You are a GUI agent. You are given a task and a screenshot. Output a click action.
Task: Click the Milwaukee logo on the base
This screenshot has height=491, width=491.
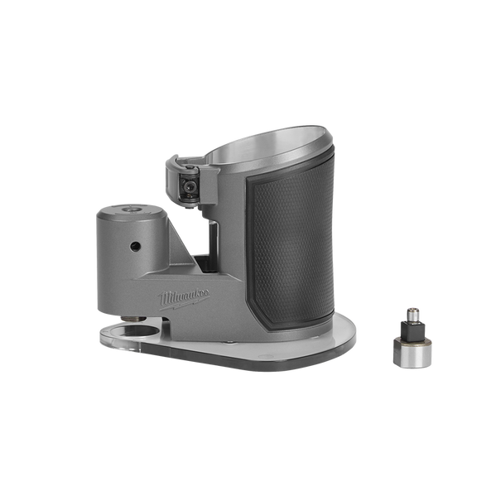184,299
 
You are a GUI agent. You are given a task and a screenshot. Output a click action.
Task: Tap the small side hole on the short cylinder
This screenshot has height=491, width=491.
135,247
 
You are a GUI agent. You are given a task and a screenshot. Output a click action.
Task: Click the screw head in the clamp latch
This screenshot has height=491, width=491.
188,187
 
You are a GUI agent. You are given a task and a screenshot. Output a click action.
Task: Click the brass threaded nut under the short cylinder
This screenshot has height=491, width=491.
133,319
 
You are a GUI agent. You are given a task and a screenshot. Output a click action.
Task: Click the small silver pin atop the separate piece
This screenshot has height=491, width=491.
412,314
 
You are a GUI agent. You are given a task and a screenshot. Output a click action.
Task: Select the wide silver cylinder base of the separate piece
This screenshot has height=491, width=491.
412,353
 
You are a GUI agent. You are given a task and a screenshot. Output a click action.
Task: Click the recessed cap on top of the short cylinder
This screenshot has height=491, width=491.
131,209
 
